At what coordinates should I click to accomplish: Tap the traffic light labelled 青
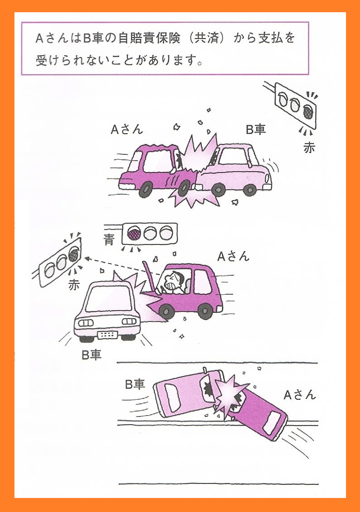pyautogui.click(x=149, y=234)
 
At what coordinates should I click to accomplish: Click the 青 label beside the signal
pyautogui.click(x=109, y=240)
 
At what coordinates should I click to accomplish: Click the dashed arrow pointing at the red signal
pyautogui.click(x=122, y=266)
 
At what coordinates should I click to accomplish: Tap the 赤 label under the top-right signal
pyautogui.click(x=309, y=148)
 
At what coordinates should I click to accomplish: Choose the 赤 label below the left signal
pyautogui.click(x=74, y=285)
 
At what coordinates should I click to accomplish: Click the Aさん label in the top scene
pyautogui.click(x=127, y=129)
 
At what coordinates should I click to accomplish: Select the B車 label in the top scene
pyautogui.click(x=256, y=129)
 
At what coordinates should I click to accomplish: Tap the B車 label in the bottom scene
pyautogui.click(x=135, y=384)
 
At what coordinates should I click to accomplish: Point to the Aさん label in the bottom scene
pyautogui.click(x=300, y=395)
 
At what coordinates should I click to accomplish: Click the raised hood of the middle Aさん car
pyautogui.click(x=148, y=278)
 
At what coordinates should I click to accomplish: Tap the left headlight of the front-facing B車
pyautogui.click(x=86, y=323)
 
